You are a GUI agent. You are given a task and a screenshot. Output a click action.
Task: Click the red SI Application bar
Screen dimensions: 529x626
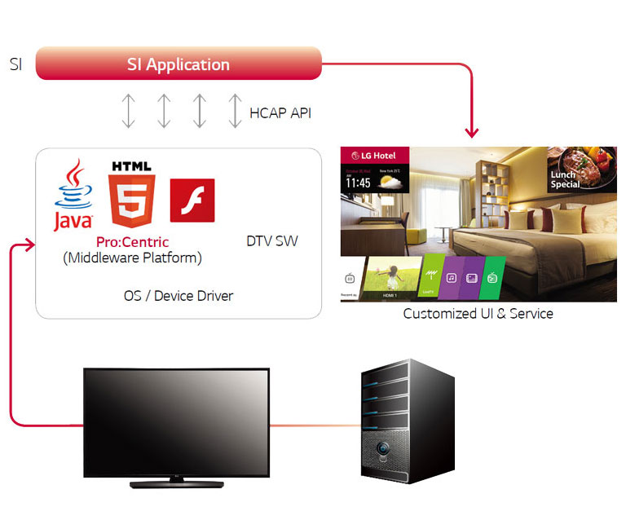[x=179, y=64]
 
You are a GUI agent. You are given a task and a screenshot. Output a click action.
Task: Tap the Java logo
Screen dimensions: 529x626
[x=73, y=196]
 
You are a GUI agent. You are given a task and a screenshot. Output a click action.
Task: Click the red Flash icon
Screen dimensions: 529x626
[x=192, y=201]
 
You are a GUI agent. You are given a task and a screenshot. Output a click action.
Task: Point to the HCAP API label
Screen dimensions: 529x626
[x=280, y=112]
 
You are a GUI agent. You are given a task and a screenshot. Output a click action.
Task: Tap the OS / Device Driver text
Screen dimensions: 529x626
[x=178, y=295]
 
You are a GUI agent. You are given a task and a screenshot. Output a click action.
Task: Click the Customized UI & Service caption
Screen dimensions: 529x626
[x=478, y=313]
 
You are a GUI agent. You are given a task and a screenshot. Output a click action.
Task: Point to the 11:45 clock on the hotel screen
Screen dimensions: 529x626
[x=358, y=183]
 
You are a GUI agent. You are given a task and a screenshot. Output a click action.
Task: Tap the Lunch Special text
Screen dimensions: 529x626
[x=565, y=179]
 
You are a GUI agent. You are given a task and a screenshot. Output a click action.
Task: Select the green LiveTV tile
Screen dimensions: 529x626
[x=431, y=277]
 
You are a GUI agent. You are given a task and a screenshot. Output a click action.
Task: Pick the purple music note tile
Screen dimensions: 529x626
[x=451, y=277]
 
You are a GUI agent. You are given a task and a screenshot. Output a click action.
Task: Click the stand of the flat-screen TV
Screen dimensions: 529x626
[x=176, y=482]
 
